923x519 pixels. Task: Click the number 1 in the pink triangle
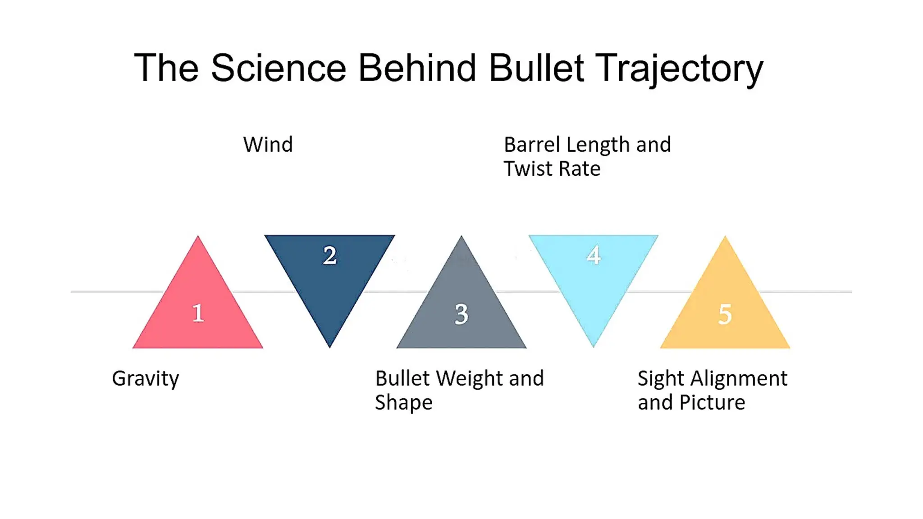click(198, 313)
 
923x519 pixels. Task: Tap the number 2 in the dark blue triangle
click(330, 255)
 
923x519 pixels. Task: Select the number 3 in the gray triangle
click(461, 314)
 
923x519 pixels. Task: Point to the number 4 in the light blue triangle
click(594, 255)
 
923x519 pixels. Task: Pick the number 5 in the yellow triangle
click(725, 314)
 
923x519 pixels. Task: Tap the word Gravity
click(145, 379)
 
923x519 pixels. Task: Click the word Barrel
click(532, 145)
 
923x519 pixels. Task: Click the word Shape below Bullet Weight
click(403, 403)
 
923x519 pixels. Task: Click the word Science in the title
click(278, 68)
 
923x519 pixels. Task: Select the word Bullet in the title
click(536, 68)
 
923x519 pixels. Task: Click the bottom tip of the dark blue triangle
click(329, 346)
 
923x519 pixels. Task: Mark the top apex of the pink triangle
click(198, 237)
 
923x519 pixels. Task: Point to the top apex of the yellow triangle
click(725, 237)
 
